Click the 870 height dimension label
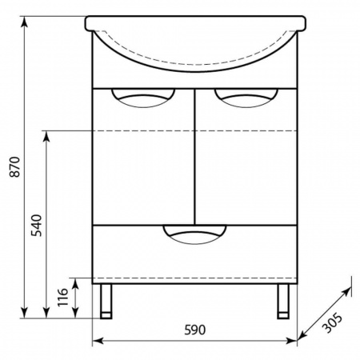pos(14,167)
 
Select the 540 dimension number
pos(36,226)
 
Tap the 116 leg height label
pos(63,298)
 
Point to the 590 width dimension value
pos(195,330)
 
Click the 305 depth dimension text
pos(332,323)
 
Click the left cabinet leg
pos(106,302)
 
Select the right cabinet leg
pos(283,302)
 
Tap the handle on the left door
pos(143,98)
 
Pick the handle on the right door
pos(246,98)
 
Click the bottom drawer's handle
pos(194,234)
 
